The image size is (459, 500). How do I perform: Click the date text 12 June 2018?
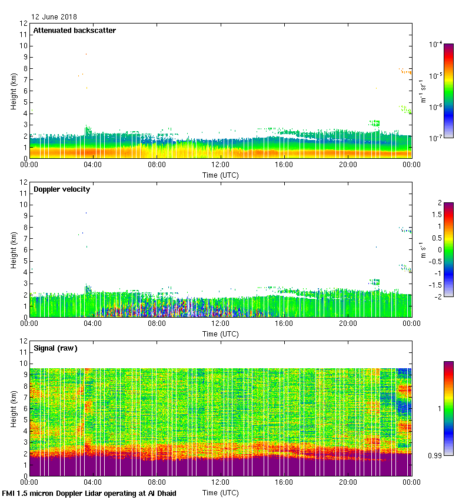click(54, 17)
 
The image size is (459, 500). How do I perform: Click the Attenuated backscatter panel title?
click(74, 31)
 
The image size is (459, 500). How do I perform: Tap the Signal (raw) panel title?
click(55, 348)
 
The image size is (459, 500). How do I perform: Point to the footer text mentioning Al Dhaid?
click(89, 494)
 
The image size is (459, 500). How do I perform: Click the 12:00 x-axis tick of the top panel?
click(221, 165)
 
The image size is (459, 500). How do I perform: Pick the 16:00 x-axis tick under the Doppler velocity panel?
click(284, 324)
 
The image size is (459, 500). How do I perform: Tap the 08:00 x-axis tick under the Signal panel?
click(157, 482)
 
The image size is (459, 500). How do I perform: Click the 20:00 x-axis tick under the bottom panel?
click(348, 482)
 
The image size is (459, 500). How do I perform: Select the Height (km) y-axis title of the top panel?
click(13, 91)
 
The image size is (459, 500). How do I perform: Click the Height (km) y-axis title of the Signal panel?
click(13, 409)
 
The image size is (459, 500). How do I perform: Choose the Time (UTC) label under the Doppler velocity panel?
click(221, 334)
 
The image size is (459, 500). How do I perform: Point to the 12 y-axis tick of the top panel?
click(24, 24)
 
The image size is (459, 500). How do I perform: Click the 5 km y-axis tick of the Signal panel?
click(25, 420)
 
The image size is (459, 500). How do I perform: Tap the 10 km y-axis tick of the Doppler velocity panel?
click(24, 205)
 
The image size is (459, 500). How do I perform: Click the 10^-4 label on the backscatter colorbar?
click(436, 44)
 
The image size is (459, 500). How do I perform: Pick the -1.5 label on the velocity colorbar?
click(437, 285)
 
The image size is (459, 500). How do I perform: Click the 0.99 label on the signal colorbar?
click(436, 455)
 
